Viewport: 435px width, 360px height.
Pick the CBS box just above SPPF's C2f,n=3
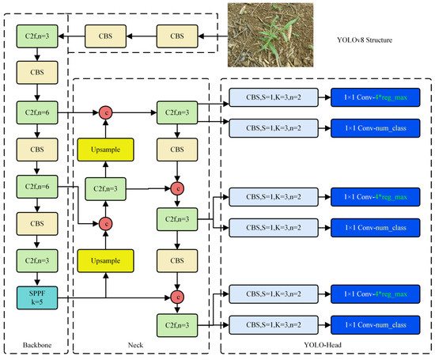click(x=37, y=223)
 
